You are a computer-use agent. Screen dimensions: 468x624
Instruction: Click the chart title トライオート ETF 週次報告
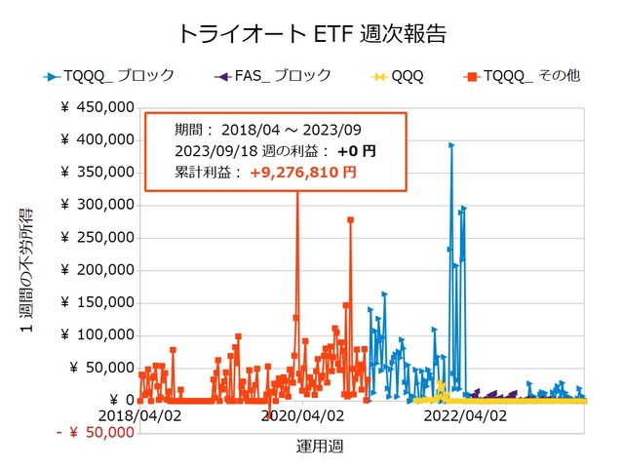click(312, 33)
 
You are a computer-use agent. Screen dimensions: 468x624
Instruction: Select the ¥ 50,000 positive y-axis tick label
click(101, 368)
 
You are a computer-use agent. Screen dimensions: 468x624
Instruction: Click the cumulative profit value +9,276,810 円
click(302, 173)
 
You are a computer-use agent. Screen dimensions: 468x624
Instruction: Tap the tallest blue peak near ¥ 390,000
click(450, 145)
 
